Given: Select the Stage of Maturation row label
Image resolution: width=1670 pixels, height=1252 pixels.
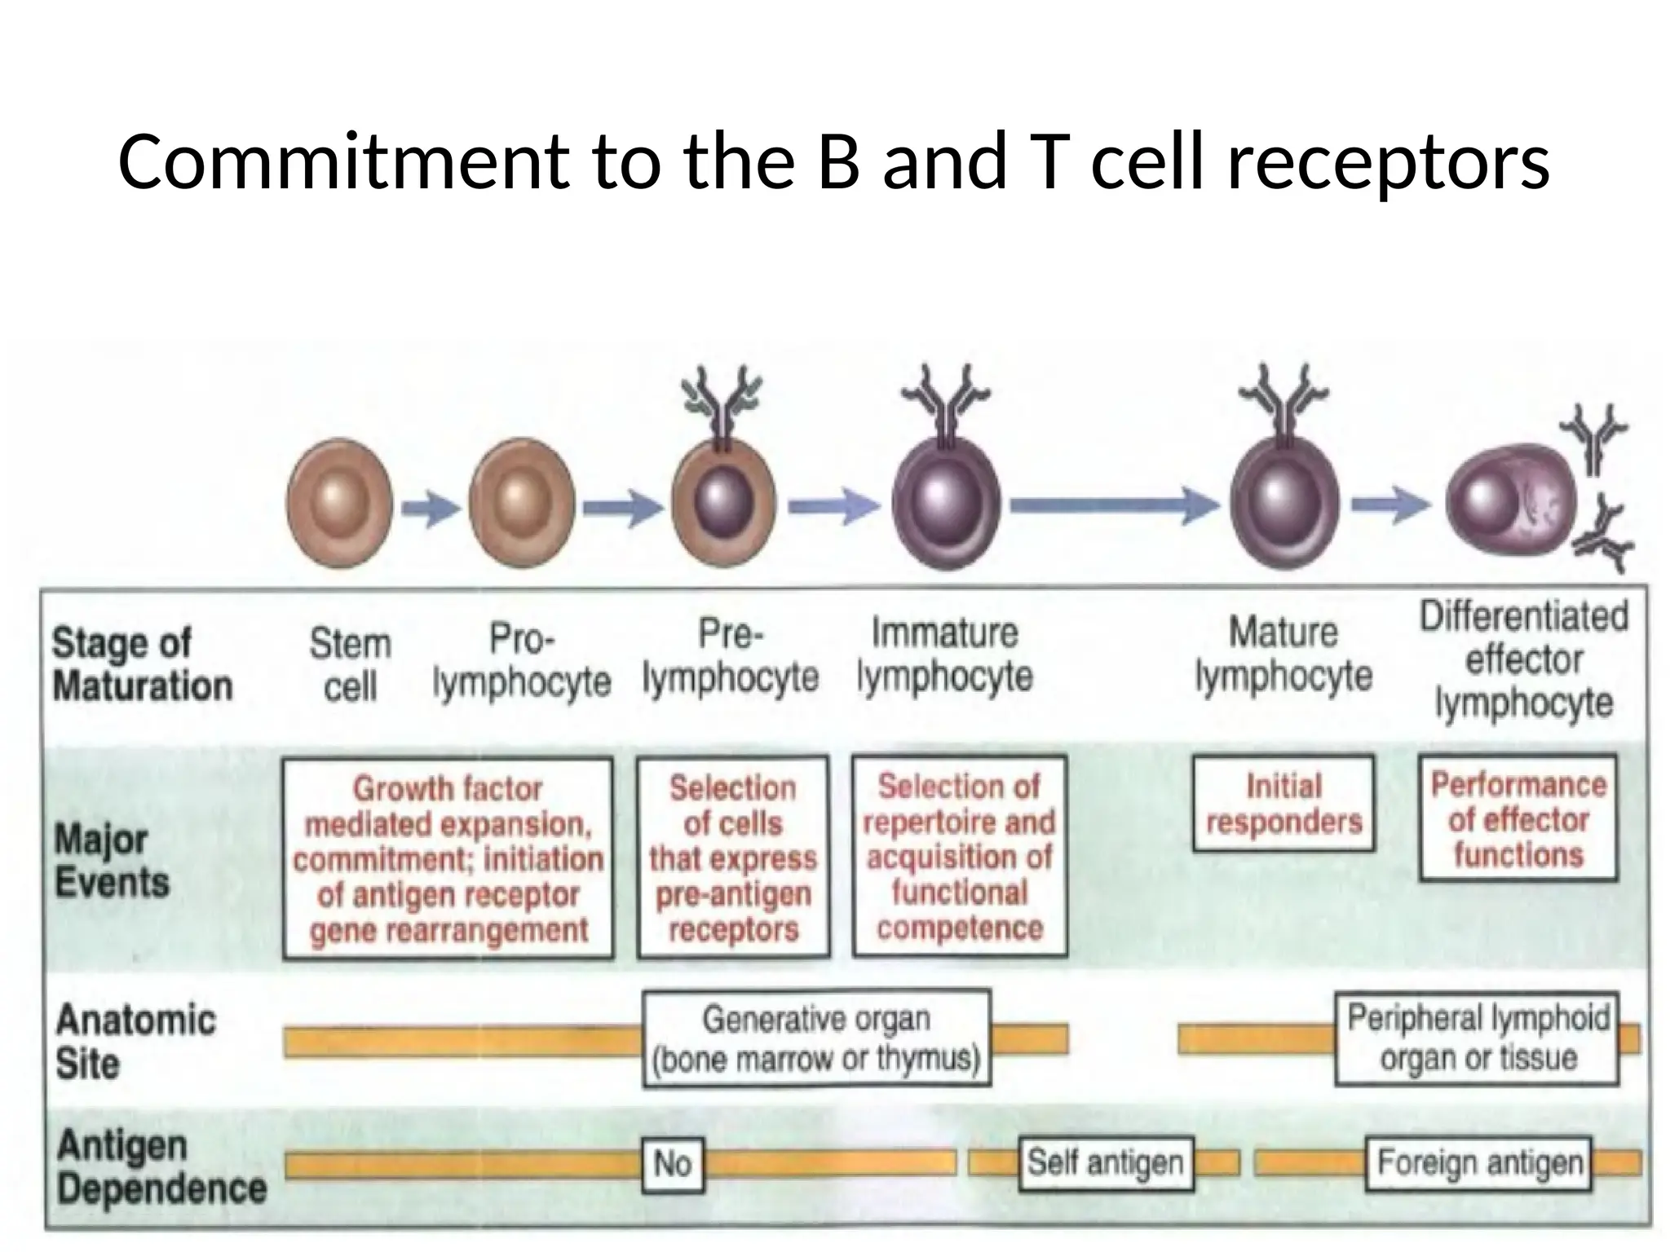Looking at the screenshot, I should coord(142,664).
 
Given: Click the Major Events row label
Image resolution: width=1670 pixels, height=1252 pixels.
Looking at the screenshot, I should coord(111,861).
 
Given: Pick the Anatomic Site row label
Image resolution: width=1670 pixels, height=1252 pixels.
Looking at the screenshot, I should coord(135,1041).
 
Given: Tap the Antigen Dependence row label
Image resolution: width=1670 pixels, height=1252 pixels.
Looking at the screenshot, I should coord(160,1167).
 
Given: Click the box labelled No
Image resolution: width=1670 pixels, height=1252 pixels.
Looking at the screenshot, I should coord(673,1165).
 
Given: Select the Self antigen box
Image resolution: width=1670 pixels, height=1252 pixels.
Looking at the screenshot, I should coord(1106,1163).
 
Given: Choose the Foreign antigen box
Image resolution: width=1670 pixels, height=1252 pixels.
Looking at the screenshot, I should coord(1478,1163).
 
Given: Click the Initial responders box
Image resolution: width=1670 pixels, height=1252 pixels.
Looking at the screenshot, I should coord(1283,804).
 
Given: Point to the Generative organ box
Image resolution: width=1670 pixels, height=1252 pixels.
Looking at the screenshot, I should coord(816,1038).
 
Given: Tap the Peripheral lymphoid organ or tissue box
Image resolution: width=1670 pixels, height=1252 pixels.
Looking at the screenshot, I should coord(1477,1038).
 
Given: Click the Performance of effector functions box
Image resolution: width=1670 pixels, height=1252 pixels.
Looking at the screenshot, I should coord(1518,818).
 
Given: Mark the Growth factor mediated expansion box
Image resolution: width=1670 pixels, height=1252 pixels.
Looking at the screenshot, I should coord(448,858).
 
